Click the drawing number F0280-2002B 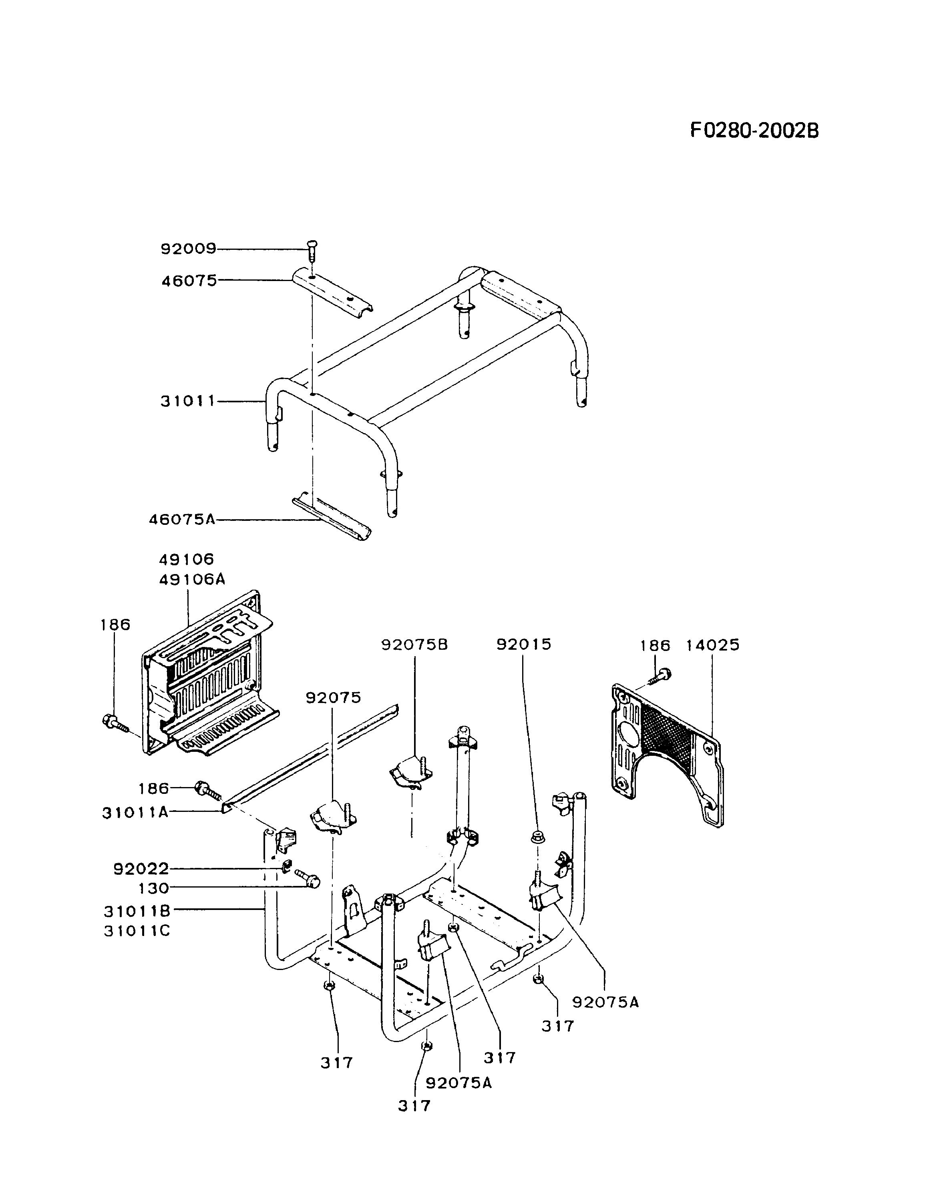tap(754, 131)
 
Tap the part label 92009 tap(188, 249)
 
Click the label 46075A tap(182, 519)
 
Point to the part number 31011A tap(135, 812)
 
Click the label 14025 tap(712, 645)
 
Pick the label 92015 tap(524, 645)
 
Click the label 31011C tap(137, 931)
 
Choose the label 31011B tap(137, 911)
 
